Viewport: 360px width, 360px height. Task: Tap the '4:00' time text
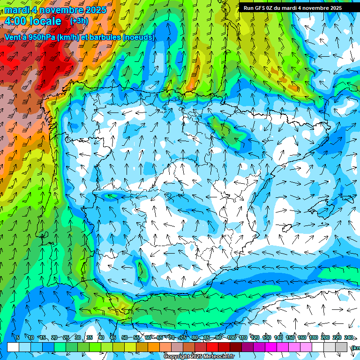tap(17, 21)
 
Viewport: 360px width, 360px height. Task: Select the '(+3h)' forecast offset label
tap(79, 21)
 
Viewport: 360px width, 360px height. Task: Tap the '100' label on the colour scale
tap(232, 338)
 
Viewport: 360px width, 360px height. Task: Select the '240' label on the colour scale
tap(349, 338)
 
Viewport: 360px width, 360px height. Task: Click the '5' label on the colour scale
tap(17, 338)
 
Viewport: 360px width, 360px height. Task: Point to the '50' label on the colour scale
tap(124, 338)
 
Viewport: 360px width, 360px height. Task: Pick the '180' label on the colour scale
tap(313, 338)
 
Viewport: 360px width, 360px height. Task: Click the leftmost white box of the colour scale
tap(13, 347)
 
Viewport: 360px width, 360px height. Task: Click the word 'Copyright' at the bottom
tap(176, 357)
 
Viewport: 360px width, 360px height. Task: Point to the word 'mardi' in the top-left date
tap(17, 10)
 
